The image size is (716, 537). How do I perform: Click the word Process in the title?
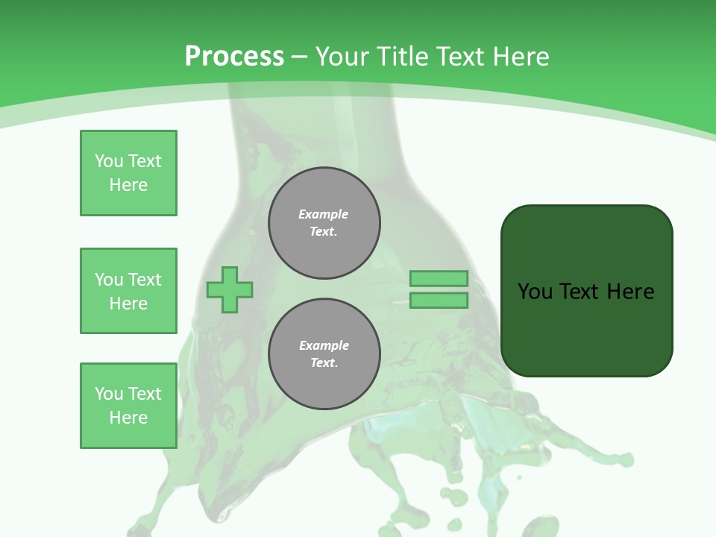234,57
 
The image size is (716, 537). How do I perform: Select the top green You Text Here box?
128,173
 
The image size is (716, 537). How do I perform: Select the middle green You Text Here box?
128,291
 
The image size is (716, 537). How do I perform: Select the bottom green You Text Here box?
128,406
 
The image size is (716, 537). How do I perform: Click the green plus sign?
230,289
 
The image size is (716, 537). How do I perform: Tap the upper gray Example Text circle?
324,223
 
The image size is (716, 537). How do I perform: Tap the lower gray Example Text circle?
324,354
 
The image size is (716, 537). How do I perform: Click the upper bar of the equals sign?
439,279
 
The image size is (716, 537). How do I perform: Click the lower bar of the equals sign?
439,301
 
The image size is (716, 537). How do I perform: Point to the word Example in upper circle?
324,214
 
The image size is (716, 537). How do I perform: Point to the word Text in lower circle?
323,363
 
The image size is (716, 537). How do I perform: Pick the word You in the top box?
109,161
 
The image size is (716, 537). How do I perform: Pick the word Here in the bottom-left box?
128,418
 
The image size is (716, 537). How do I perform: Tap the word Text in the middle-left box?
145,280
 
